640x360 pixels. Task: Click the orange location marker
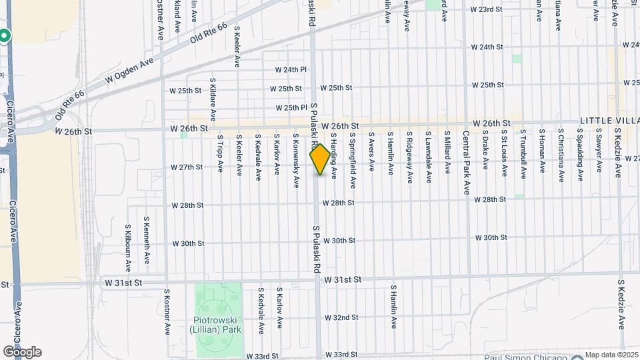(x=320, y=159)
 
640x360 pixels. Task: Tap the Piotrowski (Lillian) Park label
(x=217, y=325)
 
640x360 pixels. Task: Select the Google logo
(x=21, y=352)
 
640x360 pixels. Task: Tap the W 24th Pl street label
(x=291, y=69)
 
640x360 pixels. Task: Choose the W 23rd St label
(x=485, y=9)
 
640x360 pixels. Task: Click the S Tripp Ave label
(x=220, y=154)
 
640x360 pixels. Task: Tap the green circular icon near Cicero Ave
(x=4, y=36)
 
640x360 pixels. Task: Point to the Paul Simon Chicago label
(x=526, y=355)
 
